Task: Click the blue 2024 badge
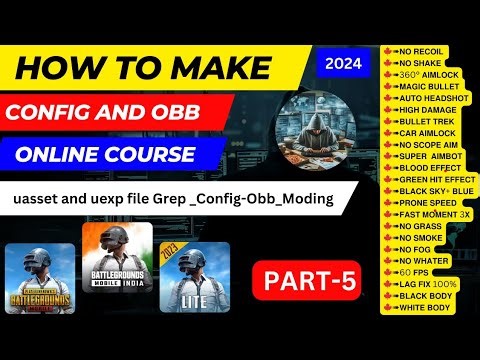click(345, 62)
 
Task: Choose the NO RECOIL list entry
click(421, 50)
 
